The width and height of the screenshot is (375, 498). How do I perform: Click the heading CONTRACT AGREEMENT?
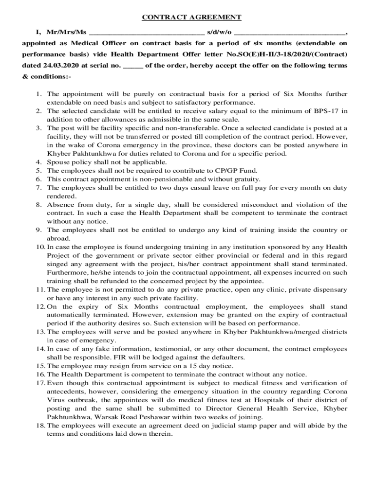pos(191,18)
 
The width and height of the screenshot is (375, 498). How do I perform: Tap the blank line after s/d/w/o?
pos(290,33)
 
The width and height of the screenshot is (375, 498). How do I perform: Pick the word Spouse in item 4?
pos(58,162)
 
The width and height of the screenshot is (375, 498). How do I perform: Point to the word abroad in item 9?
pos(58,239)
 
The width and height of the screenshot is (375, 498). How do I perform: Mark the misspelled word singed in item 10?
pos(57,264)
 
